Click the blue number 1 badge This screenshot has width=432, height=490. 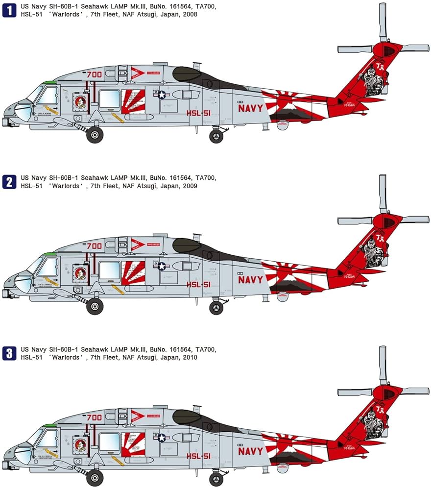9,10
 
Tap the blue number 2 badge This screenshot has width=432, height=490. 9,181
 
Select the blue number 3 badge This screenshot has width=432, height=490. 9,353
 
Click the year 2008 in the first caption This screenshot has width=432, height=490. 190,15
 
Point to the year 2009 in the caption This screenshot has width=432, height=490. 190,186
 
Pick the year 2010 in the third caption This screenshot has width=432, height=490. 190,358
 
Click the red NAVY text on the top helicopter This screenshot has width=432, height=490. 250,108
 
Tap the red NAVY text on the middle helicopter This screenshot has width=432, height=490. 250,280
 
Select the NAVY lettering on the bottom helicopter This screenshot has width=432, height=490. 250,451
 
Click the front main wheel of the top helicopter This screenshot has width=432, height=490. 95,135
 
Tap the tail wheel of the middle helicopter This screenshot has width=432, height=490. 216,307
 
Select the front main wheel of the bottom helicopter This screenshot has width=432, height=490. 95,478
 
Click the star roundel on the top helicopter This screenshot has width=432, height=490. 162,95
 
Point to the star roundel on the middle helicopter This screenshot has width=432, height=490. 162,266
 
